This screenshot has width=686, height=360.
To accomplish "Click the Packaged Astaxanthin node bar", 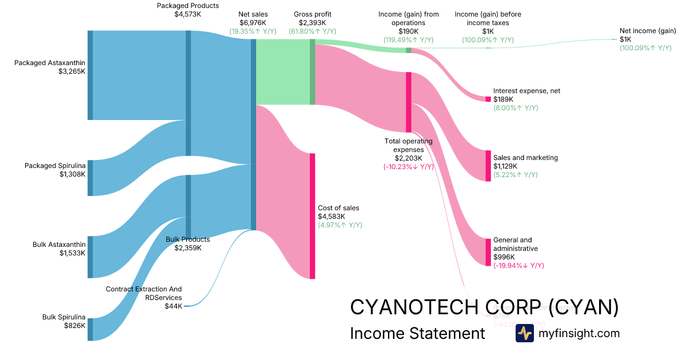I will pyautogui.click(x=90, y=75).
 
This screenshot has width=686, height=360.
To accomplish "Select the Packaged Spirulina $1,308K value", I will pyautogui.click(x=72, y=174).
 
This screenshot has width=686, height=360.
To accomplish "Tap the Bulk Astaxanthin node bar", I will pyautogui.click(x=90, y=257).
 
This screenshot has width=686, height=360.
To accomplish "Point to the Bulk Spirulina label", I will pyautogui.click(x=63, y=317).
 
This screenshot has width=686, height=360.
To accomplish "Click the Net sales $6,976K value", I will pyautogui.click(x=253, y=22).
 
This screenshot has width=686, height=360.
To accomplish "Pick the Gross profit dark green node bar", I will pyautogui.click(x=312, y=72).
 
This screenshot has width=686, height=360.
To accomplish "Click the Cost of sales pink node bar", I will pyautogui.click(x=312, y=216).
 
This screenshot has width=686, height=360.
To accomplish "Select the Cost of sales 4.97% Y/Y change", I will pyautogui.click(x=340, y=225).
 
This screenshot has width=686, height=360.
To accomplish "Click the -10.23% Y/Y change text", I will pyautogui.click(x=408, y=167).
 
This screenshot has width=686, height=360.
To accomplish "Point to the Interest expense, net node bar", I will pyautogui.click(x=488, y=99).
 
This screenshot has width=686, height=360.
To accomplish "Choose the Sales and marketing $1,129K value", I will pyautogui.click(x=505, y=166).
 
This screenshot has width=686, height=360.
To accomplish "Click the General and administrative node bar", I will pyautogui.click(x=488, y=252).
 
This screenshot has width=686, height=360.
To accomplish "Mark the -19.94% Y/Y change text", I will pyautogui.click(x=519, y=266).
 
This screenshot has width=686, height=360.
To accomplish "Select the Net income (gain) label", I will pyautogui.click(x=648, y=31).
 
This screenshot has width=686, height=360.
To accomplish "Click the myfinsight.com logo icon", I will pyautogui.click(x=524, y=333).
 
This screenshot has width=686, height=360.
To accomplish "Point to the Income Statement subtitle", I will pyautogui.click(x=417, y=333).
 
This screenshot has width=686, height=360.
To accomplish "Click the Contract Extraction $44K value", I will pyautogui.click(x=173, y=306).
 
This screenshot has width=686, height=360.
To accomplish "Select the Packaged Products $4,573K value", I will pyautogui.click(x=188, y=14).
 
